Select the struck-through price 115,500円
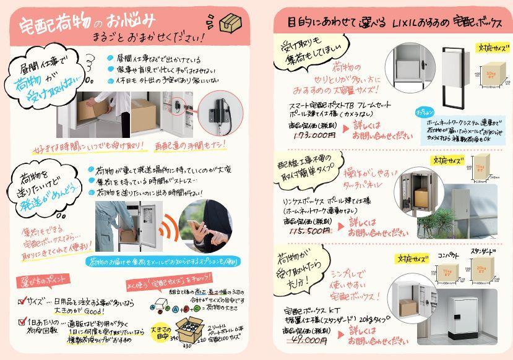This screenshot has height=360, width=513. click(x=309, y=230)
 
